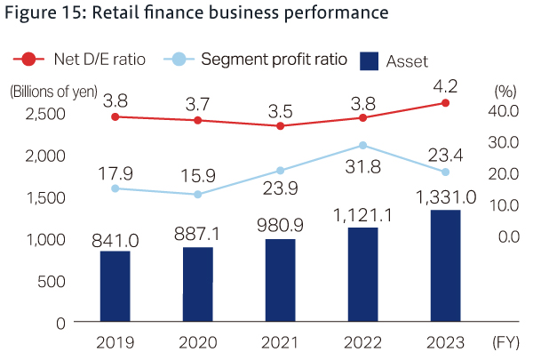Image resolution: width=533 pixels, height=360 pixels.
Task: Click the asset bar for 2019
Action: pos(115,286)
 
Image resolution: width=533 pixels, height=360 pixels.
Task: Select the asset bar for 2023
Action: pos(446,266)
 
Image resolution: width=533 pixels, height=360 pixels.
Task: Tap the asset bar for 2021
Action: pos(280,280)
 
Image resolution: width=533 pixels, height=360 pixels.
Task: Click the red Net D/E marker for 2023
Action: pos(446,103)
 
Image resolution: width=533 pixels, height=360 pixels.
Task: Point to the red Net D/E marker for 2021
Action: pos(280,126)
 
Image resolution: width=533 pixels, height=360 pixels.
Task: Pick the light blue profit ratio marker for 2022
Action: pos(362,145)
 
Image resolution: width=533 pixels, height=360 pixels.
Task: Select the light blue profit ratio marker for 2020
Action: pos(197,195)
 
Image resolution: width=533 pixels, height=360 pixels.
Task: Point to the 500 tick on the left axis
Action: pos(51,281)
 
